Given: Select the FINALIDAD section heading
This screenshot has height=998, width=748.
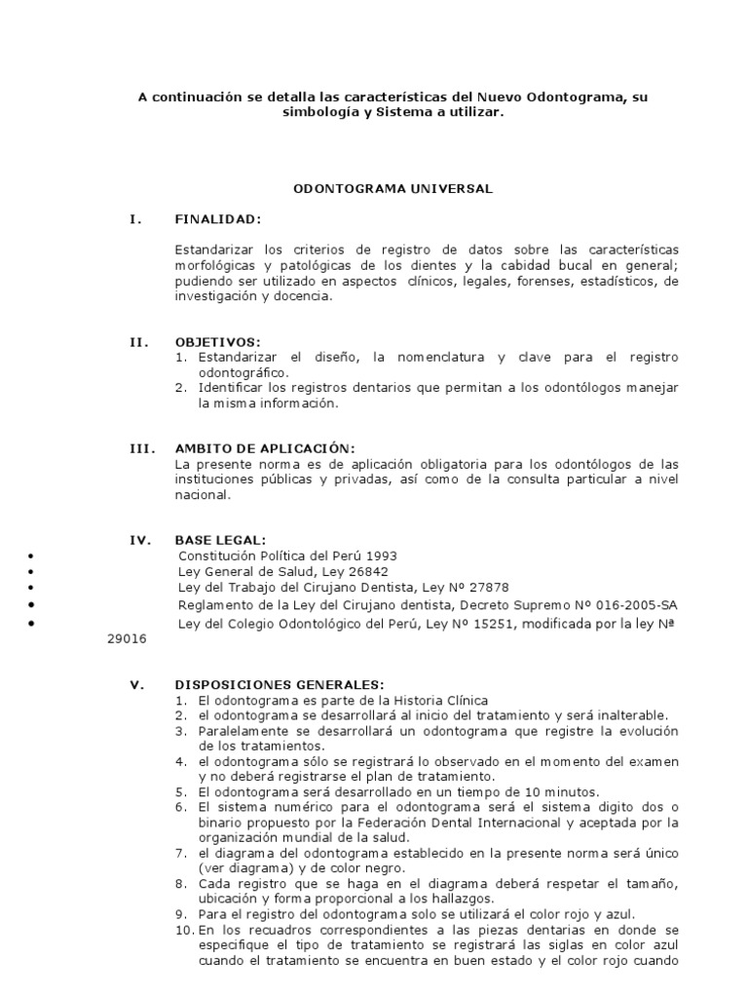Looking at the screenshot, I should tap(217, 219).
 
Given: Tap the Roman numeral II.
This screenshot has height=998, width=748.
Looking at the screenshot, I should tap(139, 342).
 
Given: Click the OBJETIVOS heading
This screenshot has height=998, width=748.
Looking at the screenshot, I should tap(218, 342).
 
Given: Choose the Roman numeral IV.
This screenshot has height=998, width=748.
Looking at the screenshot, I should tap(140, 539).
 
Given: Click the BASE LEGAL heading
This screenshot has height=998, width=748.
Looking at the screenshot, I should tap(219, 539).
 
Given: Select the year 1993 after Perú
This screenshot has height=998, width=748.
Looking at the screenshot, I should tap(380, 556).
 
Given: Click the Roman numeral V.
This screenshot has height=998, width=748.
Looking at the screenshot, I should tap(137, 685).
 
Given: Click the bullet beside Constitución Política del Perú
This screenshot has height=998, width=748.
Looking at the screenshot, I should tap(32, 556).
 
